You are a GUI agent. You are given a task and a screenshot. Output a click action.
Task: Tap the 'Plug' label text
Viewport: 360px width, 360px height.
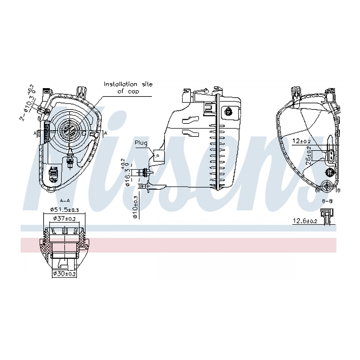(x=141, y=143)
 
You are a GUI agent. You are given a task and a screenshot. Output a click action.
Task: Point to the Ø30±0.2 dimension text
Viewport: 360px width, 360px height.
(x=64, y=274)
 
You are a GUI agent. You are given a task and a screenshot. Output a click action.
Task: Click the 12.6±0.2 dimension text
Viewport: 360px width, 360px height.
(x=305, y=221)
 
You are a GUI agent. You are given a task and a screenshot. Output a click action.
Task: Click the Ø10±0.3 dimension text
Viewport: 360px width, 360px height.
(x=135, y=207)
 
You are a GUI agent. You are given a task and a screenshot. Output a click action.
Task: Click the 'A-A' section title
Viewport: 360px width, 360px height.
(x=65, y=200)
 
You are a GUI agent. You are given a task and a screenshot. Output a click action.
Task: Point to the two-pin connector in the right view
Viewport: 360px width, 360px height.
(x=331, y=155)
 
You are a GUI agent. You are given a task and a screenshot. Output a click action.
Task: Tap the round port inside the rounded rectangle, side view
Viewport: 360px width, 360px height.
(x=229, y=111)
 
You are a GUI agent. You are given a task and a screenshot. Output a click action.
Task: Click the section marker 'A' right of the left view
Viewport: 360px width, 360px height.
(x=105, y=133)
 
